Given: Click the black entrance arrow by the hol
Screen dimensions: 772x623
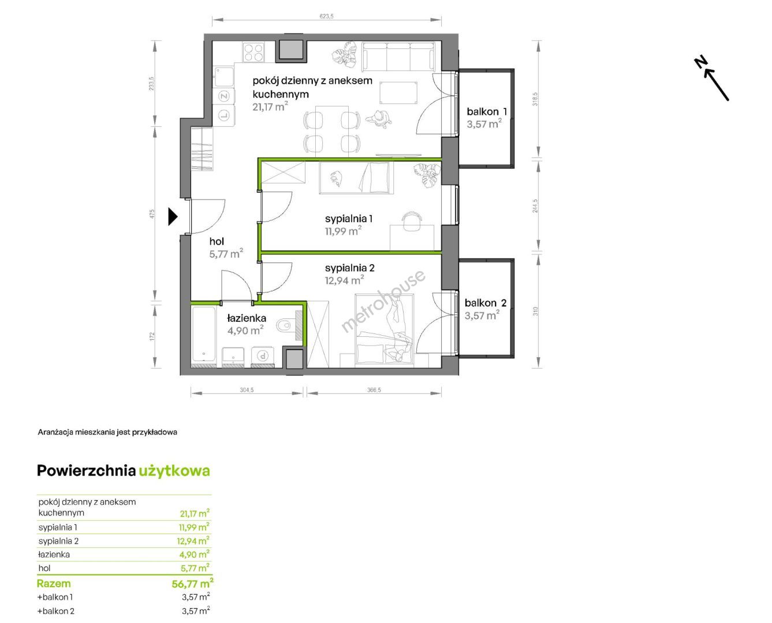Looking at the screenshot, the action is click(x=173, y=216).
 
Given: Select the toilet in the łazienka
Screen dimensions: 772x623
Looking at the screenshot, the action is click(x=286, y=325).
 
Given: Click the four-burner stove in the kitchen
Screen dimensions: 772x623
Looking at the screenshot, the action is click(x=253, y=52).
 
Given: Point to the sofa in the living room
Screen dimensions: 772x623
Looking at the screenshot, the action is click(x=398, y=57).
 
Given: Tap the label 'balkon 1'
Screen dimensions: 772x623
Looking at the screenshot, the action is click(x=486, y=111).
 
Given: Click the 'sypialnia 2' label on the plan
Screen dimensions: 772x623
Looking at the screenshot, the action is click(x=349, y=268).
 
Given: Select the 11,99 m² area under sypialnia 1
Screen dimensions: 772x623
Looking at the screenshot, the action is click(x=343, y=231).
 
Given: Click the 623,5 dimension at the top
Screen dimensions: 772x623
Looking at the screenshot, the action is click(x=326, y=16).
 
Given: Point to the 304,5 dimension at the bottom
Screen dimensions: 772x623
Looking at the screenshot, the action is click(x=247, y=390).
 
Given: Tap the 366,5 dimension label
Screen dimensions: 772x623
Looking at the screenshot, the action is click(x=374, y=390).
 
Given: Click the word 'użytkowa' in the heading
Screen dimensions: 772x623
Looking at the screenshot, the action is click(x=174, y=471).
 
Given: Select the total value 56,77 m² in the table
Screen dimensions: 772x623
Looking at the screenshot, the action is click(x=192, y=583).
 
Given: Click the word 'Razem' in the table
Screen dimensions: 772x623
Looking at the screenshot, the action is click(x=54, y=584).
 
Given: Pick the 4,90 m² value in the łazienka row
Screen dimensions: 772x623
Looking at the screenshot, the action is click(x=194, y=554).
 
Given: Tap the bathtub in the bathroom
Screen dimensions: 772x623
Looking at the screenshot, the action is click(x=204, y=334).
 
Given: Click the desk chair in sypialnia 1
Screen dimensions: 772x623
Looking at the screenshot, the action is click(x=412, y=221).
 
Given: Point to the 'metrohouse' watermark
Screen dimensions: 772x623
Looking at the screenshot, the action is click(x=383, y=301).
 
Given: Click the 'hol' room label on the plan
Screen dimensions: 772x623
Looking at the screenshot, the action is click(x=217, y=241).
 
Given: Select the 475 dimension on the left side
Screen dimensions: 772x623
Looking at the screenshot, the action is click(x=152, y=213).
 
